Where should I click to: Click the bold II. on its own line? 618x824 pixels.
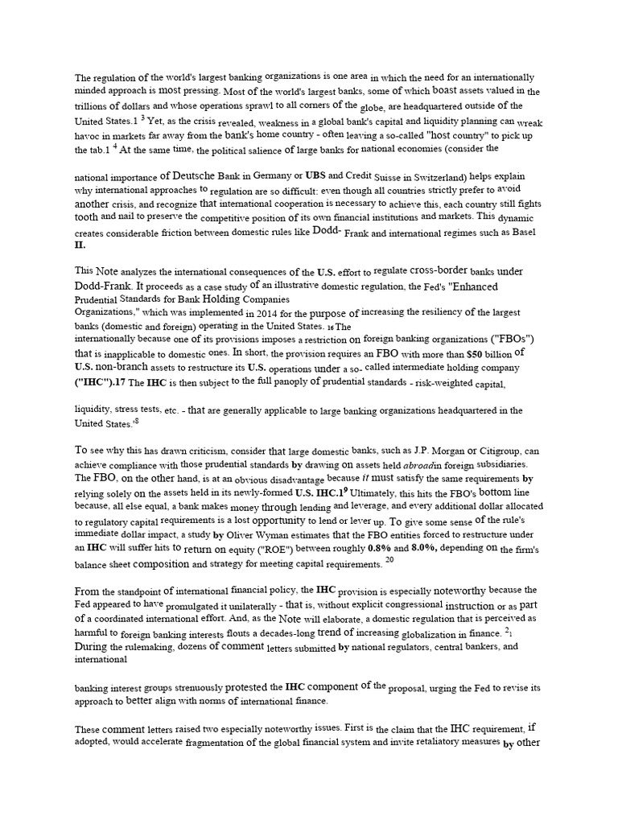[80, 245]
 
